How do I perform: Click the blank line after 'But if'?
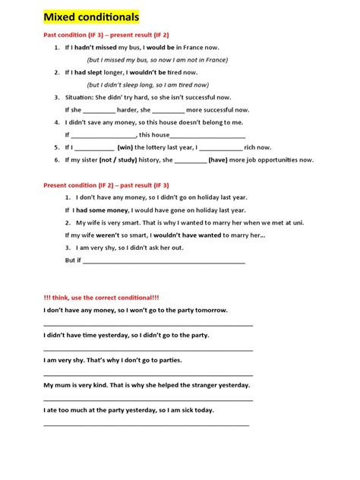coord(163,261)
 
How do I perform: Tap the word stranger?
coord(198,385)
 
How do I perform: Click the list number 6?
coord(57,159)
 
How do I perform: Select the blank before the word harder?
coord(99,111)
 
